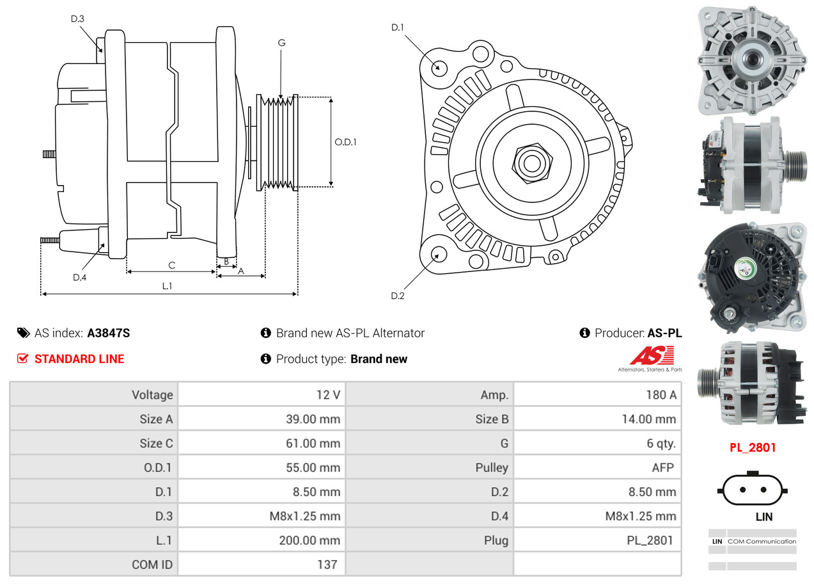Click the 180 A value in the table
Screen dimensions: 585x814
pos(661,395)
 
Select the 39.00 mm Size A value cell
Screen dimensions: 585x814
pos(313,419)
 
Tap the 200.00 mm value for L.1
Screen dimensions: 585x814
pos(309,540)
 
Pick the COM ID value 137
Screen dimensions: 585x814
pos(327,565)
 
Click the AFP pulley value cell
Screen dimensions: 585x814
pos(662,467)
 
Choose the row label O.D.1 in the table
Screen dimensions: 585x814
pos(157,467)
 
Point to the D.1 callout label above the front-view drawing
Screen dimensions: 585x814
pos(398,27)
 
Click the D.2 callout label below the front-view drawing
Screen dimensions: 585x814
pos(398,296)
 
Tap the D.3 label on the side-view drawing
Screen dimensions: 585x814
pos(77,19)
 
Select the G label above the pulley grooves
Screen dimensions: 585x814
pos(281,43)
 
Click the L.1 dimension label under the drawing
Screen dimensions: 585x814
pos(166,286)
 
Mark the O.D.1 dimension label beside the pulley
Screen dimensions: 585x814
pos(345,142)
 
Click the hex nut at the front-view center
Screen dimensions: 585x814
pos(531,162)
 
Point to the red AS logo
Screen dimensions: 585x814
pos(652,356)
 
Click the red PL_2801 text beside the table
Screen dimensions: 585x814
pos(753,447)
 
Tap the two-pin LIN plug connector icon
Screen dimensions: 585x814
pos(753,490)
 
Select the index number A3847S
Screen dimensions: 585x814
pos(109,333)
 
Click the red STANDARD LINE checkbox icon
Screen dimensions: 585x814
pos(22,358)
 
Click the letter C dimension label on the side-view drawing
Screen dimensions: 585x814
pos(171,265)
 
